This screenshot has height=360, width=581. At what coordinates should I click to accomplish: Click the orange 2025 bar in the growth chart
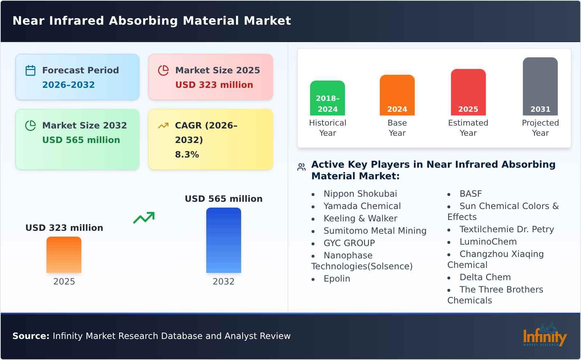(x=64, y=255)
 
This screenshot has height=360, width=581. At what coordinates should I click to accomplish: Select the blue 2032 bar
(x=223, y=240)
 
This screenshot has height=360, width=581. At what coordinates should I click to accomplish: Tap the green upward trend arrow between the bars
(x=144, y=218)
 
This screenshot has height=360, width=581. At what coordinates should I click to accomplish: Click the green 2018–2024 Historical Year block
(x=327, y=98)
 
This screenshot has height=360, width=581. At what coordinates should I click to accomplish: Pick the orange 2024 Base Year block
(x=397, y=95)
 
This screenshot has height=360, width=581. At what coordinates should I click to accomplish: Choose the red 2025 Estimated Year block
(x=468, y=92)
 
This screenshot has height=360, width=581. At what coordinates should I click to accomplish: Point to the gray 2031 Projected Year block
(x=540, y=86)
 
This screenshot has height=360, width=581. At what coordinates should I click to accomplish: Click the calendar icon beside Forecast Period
(x=31, y=70)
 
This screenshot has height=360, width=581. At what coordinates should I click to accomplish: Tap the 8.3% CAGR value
(x=187, y=155)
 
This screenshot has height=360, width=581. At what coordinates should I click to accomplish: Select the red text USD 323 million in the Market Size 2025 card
(x=214, y=85)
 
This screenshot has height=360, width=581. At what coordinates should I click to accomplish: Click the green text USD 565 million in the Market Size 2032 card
(x=81, y=140)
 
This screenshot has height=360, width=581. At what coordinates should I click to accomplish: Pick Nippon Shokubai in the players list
(x=360, y=194)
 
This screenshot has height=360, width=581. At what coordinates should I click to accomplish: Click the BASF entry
(x=470, y=194)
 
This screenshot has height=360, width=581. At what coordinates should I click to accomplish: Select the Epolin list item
(x=337, y=279)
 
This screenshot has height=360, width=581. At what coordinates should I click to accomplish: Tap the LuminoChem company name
(x=488, y=242)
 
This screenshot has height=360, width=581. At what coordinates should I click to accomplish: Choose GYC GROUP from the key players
(x=349, y=243)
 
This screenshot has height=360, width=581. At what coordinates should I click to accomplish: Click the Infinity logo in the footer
(x=544, y=336)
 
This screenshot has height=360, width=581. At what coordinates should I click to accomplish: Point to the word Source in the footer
(x=31, y=336)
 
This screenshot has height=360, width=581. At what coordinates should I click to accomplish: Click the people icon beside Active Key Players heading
(x=301, y=167)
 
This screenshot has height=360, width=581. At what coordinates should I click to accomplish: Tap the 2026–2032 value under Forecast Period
(x=68, y=85)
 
